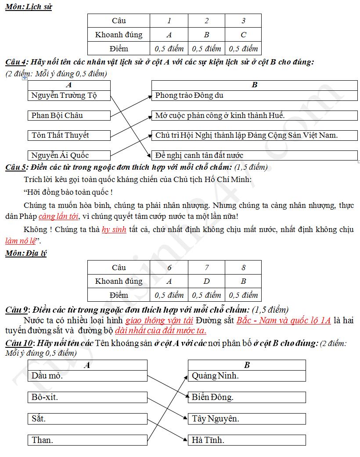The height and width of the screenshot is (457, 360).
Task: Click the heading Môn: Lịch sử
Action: tap(29, 7)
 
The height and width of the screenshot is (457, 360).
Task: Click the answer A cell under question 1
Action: tap(169, 35)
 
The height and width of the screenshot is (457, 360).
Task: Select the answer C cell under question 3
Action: tap(243, 35)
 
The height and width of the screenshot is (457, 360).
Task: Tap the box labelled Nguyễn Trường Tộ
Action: tap(69, 95)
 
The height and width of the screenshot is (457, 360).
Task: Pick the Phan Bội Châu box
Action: tap(69, 115)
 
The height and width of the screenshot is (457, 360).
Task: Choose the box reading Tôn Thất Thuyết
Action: tap(69, 135)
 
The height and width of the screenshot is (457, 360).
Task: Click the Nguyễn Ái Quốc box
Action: tap(69, 155)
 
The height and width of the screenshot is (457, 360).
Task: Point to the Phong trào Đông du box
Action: tap(254, 95)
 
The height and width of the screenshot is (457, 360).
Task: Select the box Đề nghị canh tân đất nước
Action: tap(254, 155)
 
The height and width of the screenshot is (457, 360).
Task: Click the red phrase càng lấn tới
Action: tap(59, 217)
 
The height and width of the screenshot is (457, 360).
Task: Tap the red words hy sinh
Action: tap(114, 229)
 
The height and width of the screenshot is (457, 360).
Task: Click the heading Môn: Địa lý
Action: tap(26, 253)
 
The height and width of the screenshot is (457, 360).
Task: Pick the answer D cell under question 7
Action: tap(206, 281)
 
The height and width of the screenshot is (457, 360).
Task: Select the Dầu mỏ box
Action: tap(87, 376)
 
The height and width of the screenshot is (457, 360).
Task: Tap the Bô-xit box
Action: tap(87, 397)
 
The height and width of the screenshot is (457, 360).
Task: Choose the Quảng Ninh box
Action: tap(247, 376)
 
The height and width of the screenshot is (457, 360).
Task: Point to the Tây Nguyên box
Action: tap(247, 418)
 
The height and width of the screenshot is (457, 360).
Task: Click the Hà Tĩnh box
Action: tap(247, 440)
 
